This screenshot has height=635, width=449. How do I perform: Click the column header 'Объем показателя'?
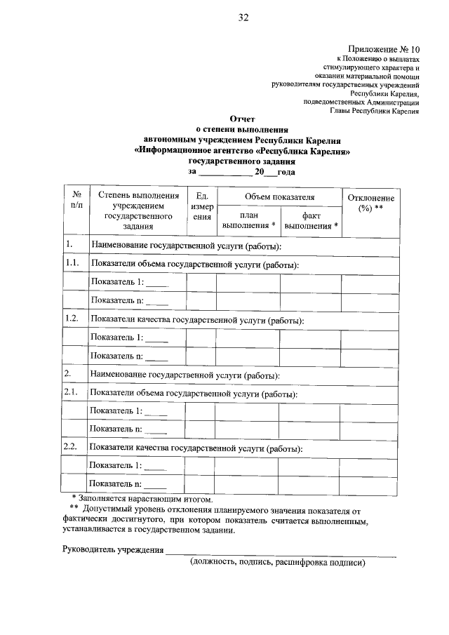point(279,197)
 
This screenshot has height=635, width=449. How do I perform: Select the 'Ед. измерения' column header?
point(202,207)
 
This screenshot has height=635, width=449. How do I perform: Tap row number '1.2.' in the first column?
point(71,319)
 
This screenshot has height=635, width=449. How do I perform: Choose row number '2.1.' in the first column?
point(71,393)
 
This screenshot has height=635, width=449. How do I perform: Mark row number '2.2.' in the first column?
point(71,447)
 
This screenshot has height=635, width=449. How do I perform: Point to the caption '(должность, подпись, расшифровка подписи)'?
point(278,562)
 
